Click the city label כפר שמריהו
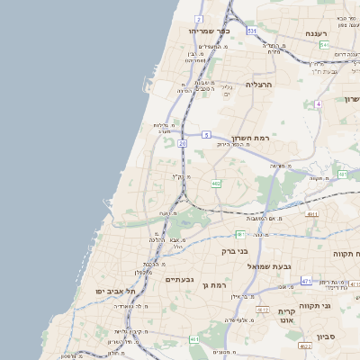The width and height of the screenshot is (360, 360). [x=210, y=31]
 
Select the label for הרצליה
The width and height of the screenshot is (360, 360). [x=258, y=84]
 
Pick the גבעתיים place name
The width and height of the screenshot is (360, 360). [x=180, y=279]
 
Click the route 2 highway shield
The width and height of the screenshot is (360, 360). [x=198, y=18]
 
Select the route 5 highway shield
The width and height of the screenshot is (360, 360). [x=206, y=134]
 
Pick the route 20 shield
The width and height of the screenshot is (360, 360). [x=183, y=142]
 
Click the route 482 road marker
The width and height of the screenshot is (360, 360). [x=216, y=183]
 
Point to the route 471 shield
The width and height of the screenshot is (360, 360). [x=306, y=282]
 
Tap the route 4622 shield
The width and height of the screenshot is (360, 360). [x=303, y=345]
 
